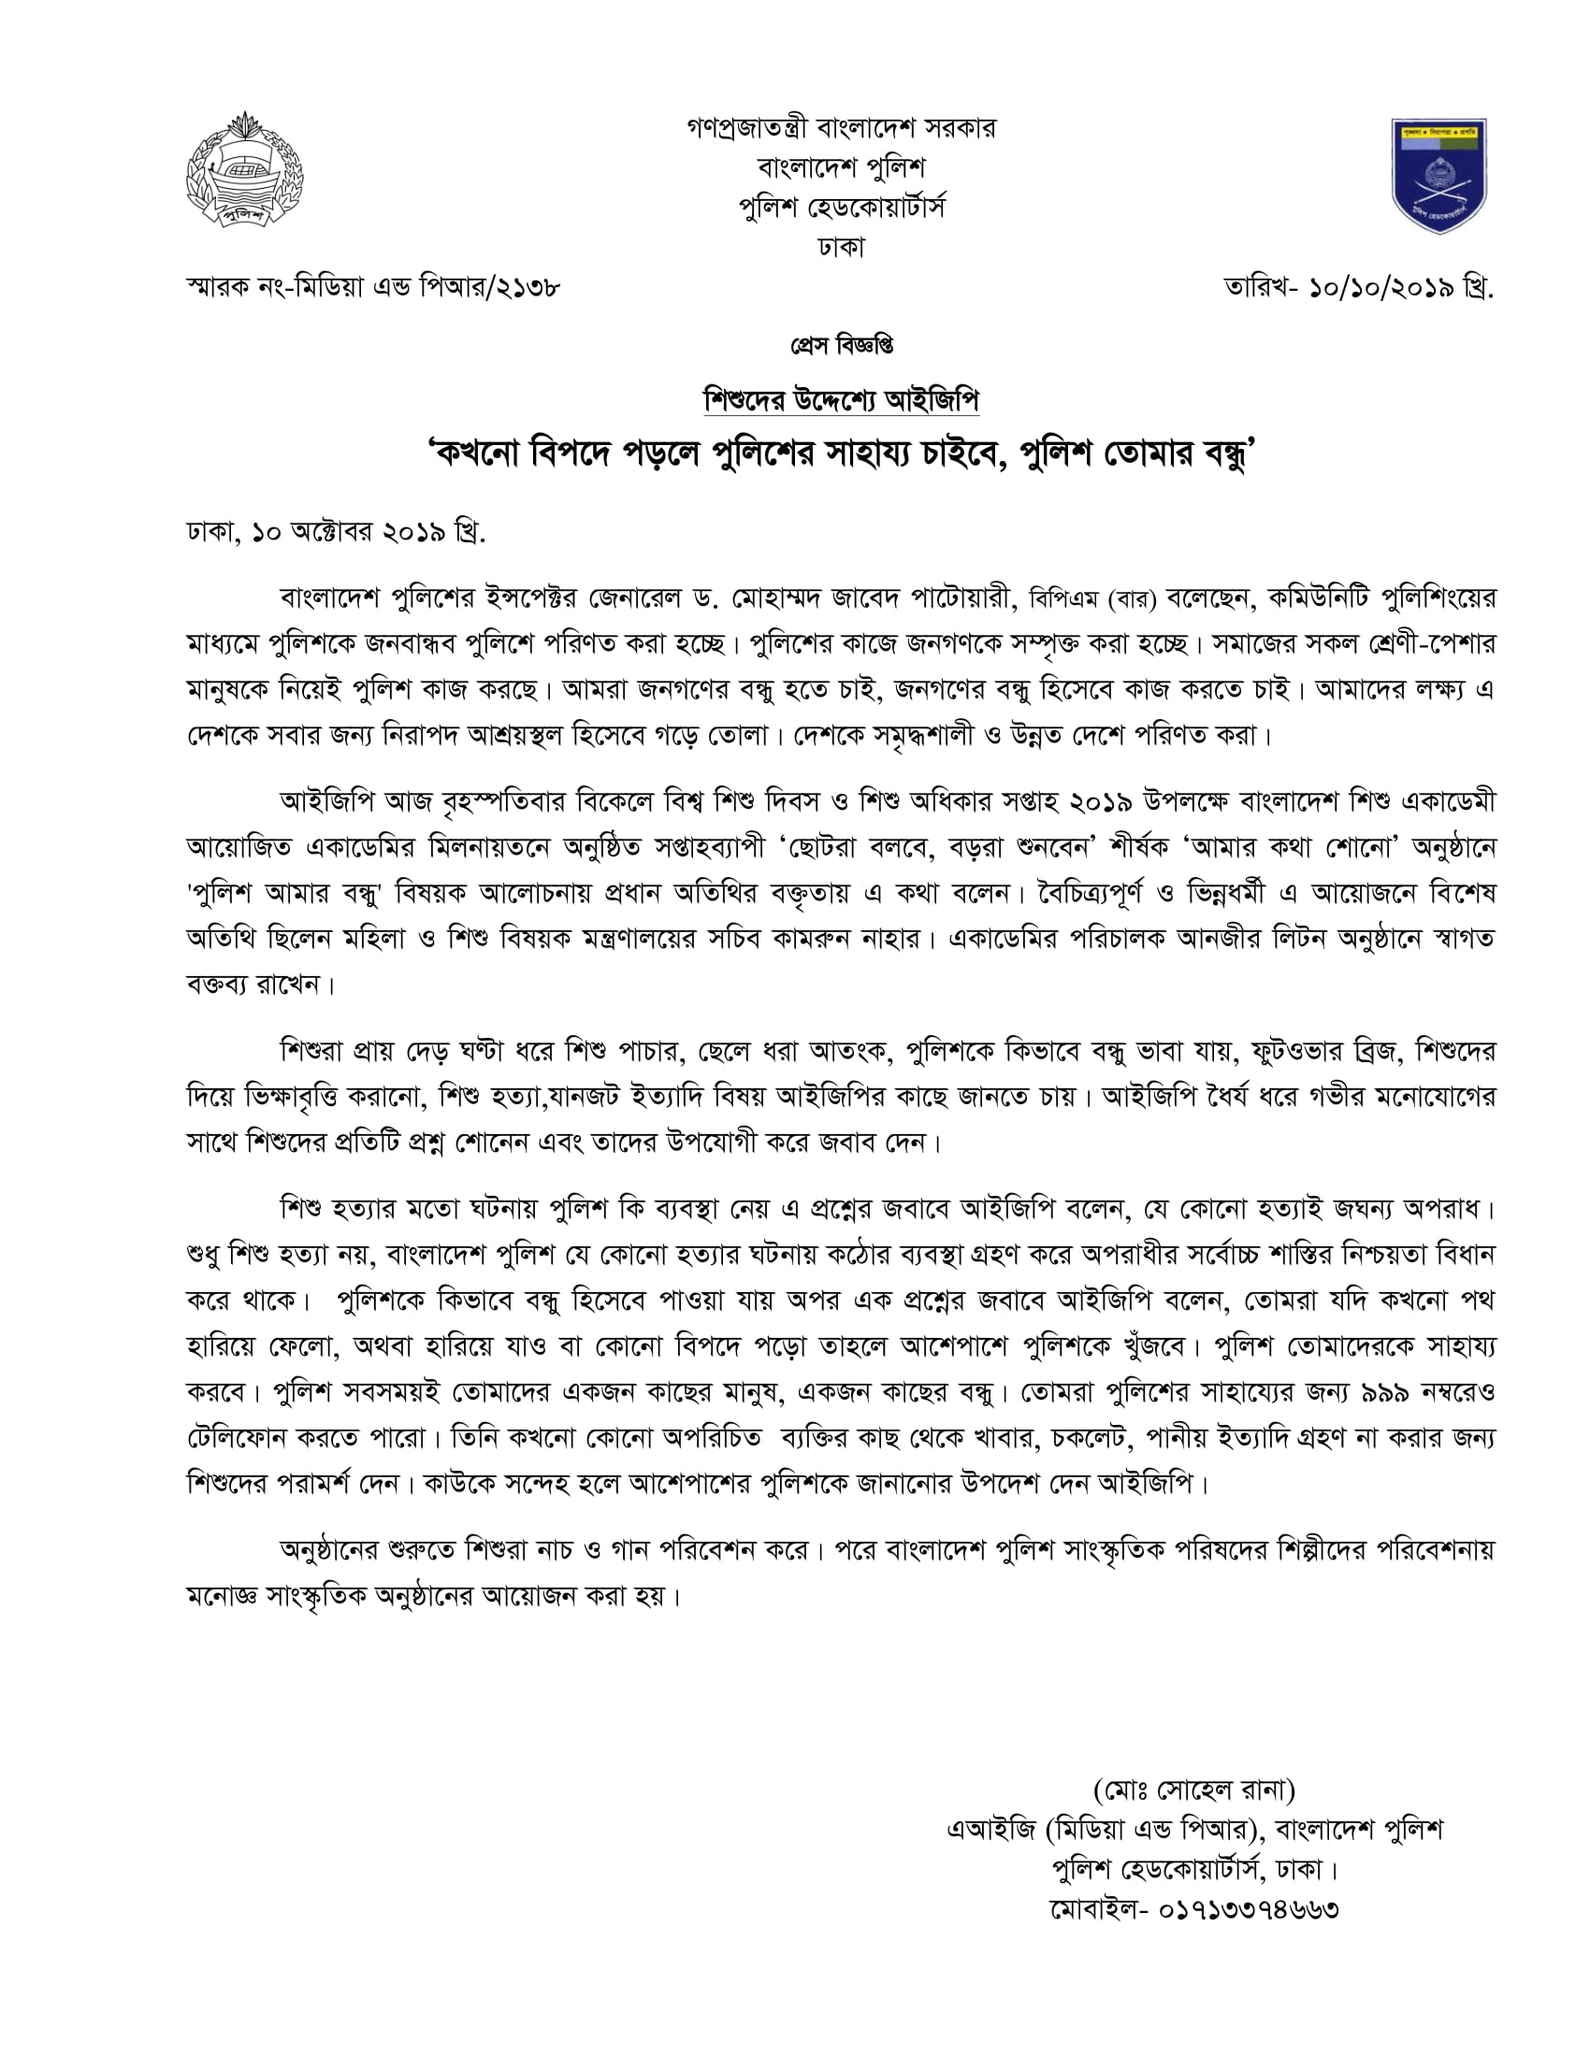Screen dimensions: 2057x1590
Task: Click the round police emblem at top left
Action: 244,170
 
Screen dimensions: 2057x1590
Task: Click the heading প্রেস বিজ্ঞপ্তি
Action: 841,347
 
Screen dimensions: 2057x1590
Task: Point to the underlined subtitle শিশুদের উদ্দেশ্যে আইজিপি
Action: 841,401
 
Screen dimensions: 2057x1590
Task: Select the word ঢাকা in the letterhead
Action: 841,248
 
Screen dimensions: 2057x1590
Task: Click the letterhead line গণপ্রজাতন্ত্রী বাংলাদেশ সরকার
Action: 841,127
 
